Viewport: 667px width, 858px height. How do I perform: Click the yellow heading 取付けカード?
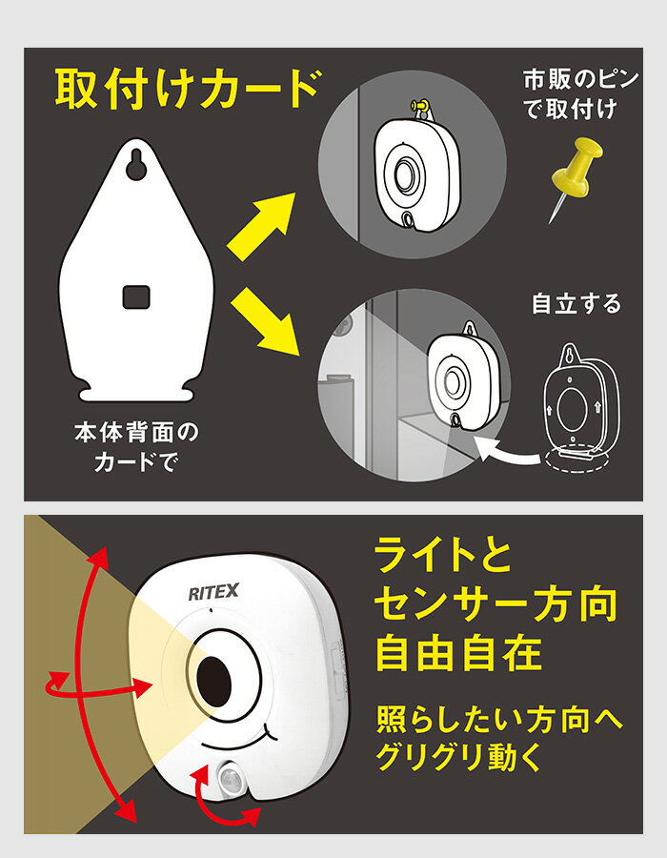coord(187,90)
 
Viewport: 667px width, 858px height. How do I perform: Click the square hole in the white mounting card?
coord(136,297)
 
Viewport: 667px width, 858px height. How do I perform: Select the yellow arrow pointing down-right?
coord(265,321)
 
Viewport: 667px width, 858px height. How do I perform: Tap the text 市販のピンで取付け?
coord(580,94)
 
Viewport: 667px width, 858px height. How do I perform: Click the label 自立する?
coord(576,304)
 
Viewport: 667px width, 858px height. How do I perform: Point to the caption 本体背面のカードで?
coord(136,447)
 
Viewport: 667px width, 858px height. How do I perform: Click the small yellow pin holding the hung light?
coord(420,105)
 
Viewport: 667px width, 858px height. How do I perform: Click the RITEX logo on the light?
coord(213,591)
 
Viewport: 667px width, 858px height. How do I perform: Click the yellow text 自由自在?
coord(458,652)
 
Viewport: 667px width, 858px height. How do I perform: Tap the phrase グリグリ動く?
coord(458,757)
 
